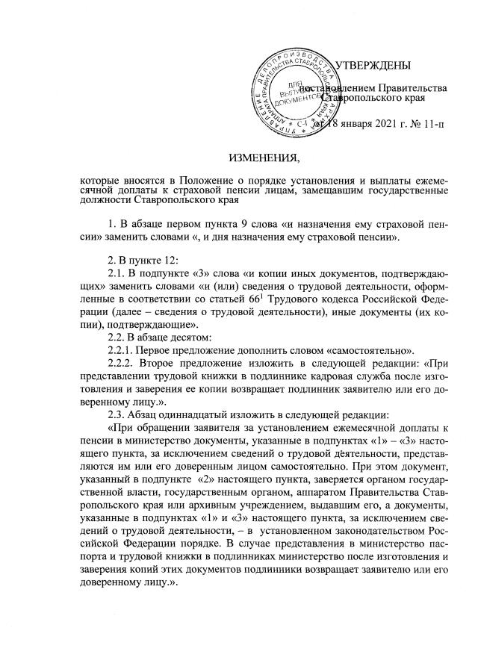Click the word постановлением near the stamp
click(x=337, y=87)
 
